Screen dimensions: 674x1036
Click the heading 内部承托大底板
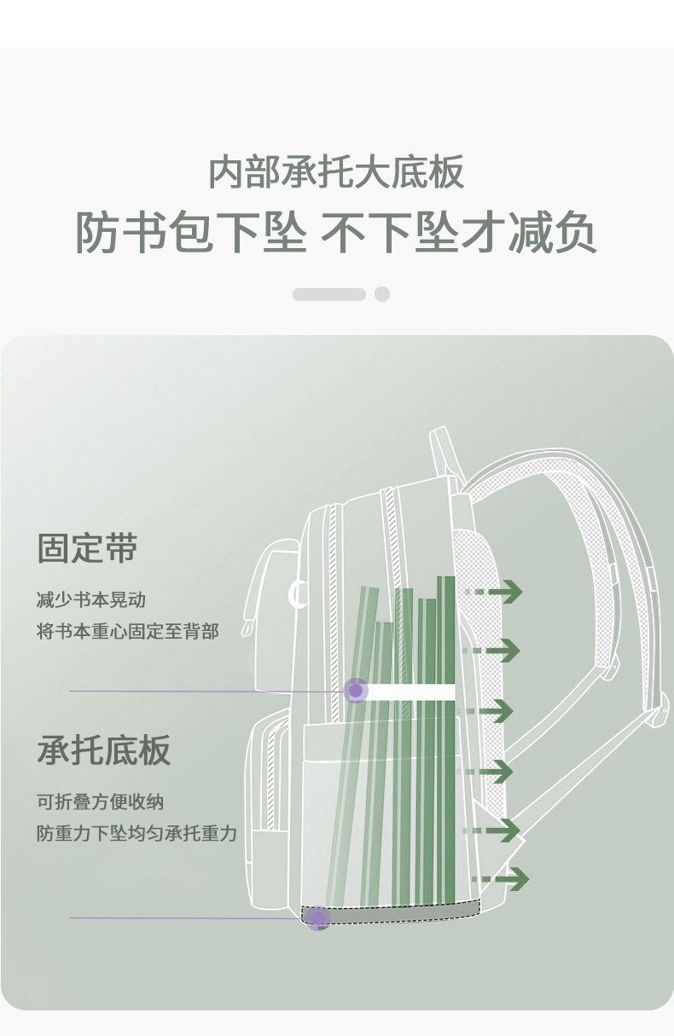point(336,171)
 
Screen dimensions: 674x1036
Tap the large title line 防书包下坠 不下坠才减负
point(336,231)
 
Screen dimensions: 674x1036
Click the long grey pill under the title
point(328,294)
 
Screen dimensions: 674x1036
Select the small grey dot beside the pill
point(382,294)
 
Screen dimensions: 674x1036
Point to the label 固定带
point(87,548)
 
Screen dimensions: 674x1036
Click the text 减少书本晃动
point(91,599)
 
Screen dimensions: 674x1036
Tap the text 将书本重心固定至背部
point(127,631)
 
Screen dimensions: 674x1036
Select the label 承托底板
point(104,750)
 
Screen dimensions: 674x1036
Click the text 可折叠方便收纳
point(100,802)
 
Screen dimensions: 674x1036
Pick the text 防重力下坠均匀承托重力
point(137,833)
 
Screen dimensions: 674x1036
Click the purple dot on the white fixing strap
point(356,691)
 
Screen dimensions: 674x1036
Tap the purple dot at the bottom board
point(318,917)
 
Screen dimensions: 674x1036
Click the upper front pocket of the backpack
point(273,588)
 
